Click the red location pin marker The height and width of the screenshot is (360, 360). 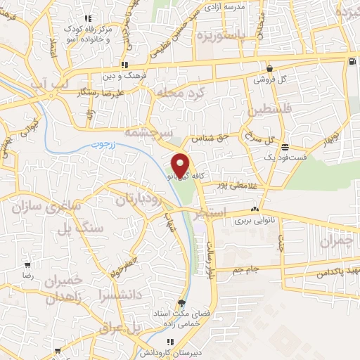181,165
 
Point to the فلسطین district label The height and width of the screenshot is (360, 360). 268,111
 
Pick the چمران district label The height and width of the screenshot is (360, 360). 333,241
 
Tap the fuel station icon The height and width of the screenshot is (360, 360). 350,62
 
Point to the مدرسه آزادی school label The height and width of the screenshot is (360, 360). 243,6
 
